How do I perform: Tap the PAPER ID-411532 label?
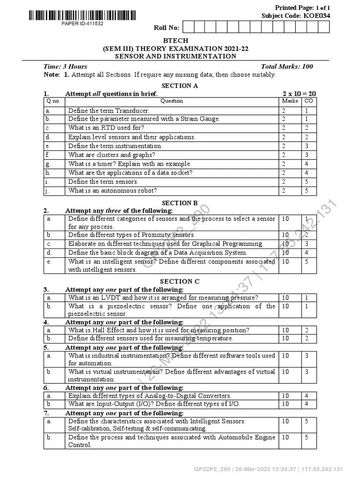[82, 23]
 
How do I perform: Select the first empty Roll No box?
[188, 27]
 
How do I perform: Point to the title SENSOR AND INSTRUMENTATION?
[176, 56]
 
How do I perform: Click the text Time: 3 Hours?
[65, 67]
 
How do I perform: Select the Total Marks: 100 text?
[287, 67]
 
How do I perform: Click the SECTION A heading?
[180, 86]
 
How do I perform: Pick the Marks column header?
[290, 101]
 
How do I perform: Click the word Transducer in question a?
[131, 111]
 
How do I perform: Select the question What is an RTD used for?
[106, 128]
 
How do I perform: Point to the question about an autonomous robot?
[112, 190]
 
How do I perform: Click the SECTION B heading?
[180, 203]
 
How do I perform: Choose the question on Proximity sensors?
[131, 235]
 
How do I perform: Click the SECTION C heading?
[180, 281]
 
